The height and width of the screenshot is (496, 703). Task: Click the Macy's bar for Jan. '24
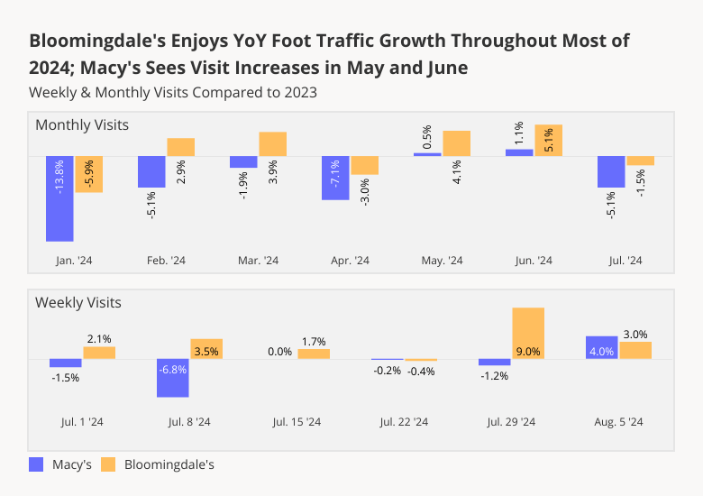point(59,198)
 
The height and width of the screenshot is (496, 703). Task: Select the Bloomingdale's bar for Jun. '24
point(548,141)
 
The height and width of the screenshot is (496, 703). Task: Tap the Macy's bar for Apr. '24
point(335,178)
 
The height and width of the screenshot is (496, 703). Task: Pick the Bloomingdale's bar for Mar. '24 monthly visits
point(272,144)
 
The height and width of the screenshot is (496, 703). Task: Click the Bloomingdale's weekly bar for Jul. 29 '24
point(528,334)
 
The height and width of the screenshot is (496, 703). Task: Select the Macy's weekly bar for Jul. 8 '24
point(173,378)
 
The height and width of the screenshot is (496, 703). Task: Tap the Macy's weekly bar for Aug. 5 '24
point(601,348)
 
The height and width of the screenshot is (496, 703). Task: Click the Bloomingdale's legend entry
point(157,465)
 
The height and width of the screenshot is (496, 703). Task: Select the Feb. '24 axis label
point(166,261)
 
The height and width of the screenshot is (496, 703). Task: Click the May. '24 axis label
point(442,261)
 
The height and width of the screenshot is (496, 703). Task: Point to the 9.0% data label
point(528,352)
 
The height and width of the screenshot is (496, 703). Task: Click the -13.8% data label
point(59,178)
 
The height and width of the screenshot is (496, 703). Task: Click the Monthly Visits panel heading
point(82,124)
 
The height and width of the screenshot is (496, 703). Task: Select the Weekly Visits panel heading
point(78,302)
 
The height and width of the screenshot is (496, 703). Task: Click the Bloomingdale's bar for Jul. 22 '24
point(421,360)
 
